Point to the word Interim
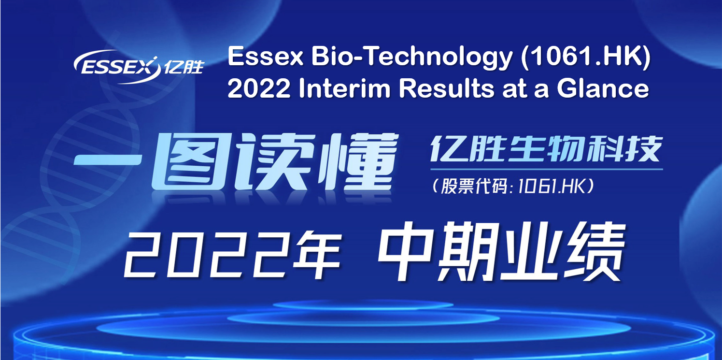(x=344, y=88)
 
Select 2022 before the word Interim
(x=259, y=88)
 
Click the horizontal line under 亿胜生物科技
(x=547, y=169)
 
